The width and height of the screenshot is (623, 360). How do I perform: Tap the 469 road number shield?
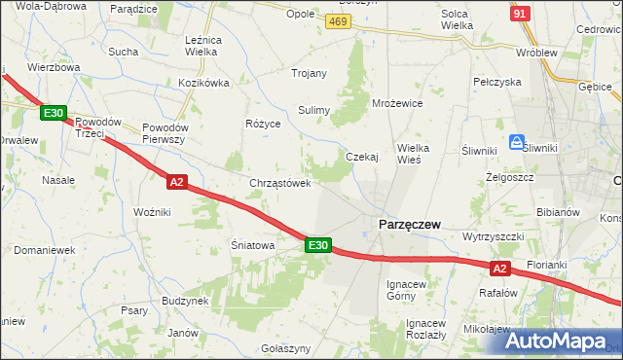(x=338, y=20)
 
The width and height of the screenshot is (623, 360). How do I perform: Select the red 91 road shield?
(x=521, y=13)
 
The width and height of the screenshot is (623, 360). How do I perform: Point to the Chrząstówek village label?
(x=280, y=183)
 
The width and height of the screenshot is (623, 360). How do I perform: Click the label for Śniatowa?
(x=252, y=245)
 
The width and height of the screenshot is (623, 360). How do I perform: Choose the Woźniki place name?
(x=152, y=211)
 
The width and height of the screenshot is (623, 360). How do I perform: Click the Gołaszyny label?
(x=286, y=348)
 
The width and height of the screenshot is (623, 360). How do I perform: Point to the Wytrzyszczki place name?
(x=495, y=236)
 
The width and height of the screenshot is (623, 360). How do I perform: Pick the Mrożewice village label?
(x=397, y=102)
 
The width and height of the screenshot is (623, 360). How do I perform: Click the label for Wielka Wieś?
(x=421, y=154)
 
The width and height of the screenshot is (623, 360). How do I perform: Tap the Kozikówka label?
(x=203, y=84)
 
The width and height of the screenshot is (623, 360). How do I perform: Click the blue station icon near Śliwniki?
(x=516, y=141)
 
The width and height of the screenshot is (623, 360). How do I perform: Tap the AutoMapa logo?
(x=561, y=342)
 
